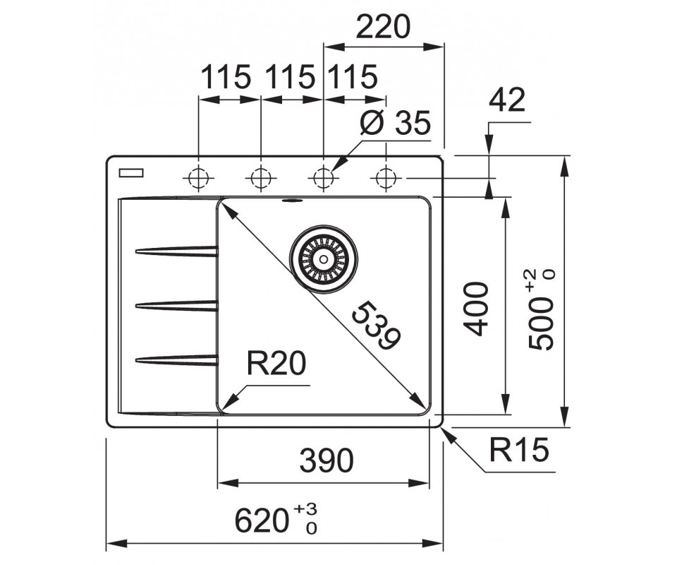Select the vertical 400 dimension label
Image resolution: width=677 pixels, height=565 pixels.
(477, 309)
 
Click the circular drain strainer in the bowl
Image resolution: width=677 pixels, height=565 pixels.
(324, 257)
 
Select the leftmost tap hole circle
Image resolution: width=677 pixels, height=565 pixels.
(199, 177)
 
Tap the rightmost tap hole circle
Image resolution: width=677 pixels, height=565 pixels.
(385, 177)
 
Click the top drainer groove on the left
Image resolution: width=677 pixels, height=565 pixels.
(176, 250)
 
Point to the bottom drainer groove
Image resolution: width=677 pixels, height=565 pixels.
(176, 360)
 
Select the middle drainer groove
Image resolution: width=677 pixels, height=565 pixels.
(176, 305)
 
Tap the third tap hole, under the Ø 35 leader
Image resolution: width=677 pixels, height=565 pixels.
(323, 177)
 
